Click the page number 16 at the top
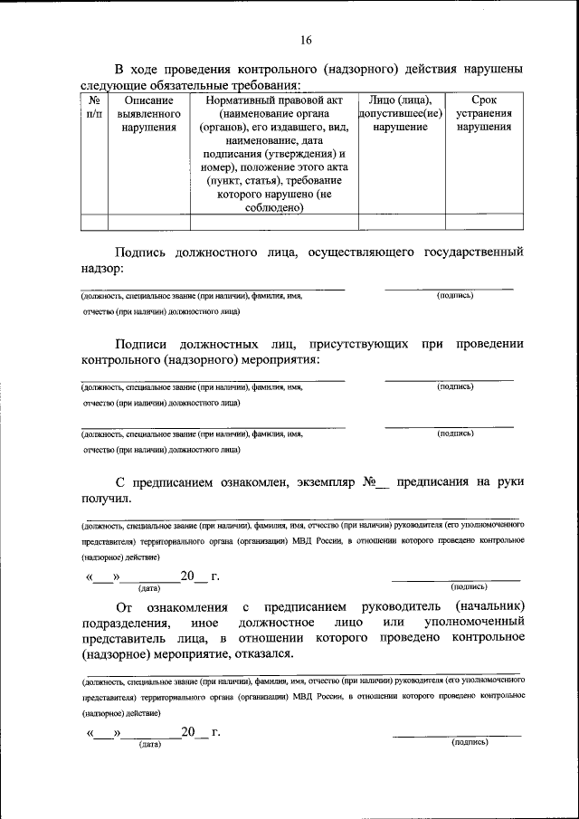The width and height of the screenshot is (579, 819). tap(305, 40)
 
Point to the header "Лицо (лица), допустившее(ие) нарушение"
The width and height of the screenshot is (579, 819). tap(401, 114)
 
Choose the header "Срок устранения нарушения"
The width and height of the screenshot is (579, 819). tap(484, 114)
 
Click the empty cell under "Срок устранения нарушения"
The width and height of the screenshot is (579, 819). tap(484, 222)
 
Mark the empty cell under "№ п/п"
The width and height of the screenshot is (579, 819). tap(94, 222)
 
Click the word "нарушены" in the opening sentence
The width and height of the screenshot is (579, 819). tap(490, 69)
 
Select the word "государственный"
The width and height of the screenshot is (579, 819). tap(474, 252)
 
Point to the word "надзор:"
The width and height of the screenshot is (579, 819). tap(102, 269)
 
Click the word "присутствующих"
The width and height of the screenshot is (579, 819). tap(355, 344)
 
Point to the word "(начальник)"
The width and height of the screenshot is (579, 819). tap(490, 605)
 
